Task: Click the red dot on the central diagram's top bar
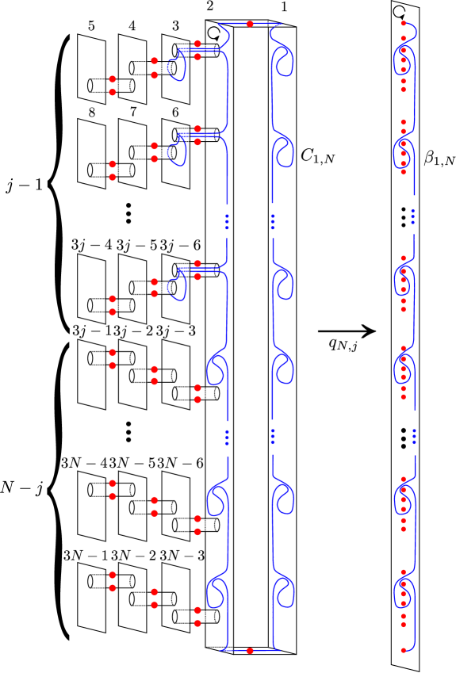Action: point(250,24)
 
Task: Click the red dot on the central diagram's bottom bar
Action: point(250,651)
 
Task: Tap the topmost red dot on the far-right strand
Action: point(403,24)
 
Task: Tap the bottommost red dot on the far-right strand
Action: point(403,650)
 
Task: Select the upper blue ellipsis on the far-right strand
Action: point(412,216)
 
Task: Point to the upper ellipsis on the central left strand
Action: point(227,221)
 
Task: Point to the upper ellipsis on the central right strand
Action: point(273,221)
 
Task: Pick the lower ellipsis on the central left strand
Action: point(227,437)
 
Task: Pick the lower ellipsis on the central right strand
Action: point(273,437)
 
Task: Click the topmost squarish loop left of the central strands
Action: point(176,67)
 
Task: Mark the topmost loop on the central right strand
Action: point(284,63)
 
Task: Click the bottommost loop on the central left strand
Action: point(216,591)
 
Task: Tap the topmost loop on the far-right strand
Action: point(404,61)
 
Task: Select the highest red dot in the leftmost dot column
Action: point(113,79)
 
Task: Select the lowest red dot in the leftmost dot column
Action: point(113,588)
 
